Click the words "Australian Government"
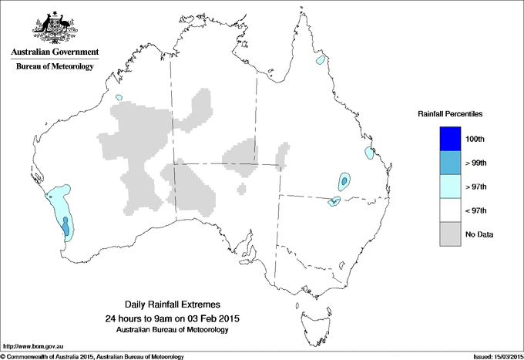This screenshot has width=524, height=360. pyautogui.click(x=54, y=52)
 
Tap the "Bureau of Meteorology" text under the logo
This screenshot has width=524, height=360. pyautogui.click(x=54, y=66)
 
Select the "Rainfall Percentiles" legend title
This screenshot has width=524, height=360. pyautogui.click(x=450, y=114)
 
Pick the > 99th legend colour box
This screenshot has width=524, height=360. pyautogui.click(x=450, y=162)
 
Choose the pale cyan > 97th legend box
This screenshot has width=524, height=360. pyautogui.click(x=450, y=186)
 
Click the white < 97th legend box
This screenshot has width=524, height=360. pyautogui.click(x=450, y=210)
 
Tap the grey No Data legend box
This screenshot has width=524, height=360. pyautogui.click(x=450, y=234)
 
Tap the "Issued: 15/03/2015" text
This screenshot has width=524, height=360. pyautogui.click(x=492, y=355)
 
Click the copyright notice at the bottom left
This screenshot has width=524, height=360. pyautogui.click(x=92, y=355)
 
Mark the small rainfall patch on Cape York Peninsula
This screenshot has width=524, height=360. pyautogui.click(x=319, y=59)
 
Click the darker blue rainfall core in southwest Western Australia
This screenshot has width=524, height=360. pyautogui.click(x=65, y=227)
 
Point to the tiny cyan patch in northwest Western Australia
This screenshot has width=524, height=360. pyautogui.click(x=119, y=97)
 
